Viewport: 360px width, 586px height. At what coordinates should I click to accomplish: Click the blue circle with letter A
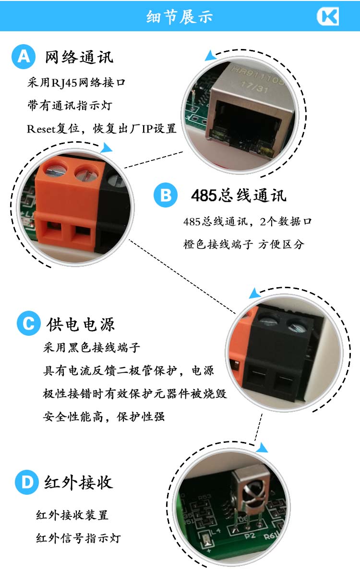24,57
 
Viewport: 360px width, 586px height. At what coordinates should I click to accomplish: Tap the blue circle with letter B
166,195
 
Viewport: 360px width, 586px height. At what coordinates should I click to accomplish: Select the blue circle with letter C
29,323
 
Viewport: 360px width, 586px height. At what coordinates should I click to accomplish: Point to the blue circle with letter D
27,482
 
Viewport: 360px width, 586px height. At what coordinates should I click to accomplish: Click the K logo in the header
328,16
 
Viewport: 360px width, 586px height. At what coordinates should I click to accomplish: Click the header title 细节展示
180,17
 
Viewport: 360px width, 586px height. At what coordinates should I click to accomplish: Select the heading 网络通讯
79,57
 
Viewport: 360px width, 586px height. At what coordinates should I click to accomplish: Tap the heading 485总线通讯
239,195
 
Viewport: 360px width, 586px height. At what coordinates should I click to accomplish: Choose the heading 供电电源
81,324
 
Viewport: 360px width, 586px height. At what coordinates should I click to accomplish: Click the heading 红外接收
79,482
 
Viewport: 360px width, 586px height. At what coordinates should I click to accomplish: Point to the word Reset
41,129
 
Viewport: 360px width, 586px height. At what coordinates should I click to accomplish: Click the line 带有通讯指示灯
70,106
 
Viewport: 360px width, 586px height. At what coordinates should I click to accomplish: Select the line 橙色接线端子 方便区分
244,244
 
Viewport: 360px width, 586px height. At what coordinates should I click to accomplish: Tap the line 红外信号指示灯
78,538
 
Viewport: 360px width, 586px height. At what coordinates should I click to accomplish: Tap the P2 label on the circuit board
250,536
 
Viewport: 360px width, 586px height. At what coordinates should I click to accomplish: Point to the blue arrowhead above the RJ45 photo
210,56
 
